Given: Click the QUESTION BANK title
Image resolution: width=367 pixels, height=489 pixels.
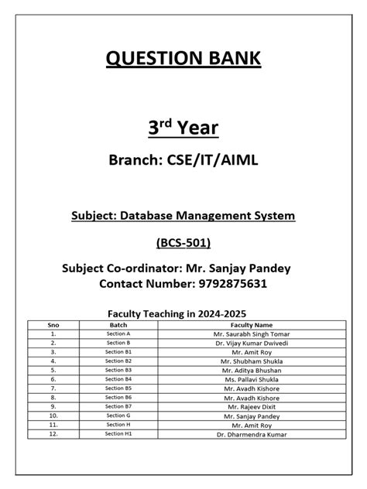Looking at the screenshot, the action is tap(183, 59).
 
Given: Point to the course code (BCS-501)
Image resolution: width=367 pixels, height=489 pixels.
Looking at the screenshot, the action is tap(183, 242).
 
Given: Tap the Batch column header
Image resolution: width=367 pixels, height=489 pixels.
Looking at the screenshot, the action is tap(118, 325).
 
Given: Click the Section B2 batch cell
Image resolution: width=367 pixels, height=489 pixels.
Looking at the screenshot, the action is tap(118, 361).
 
